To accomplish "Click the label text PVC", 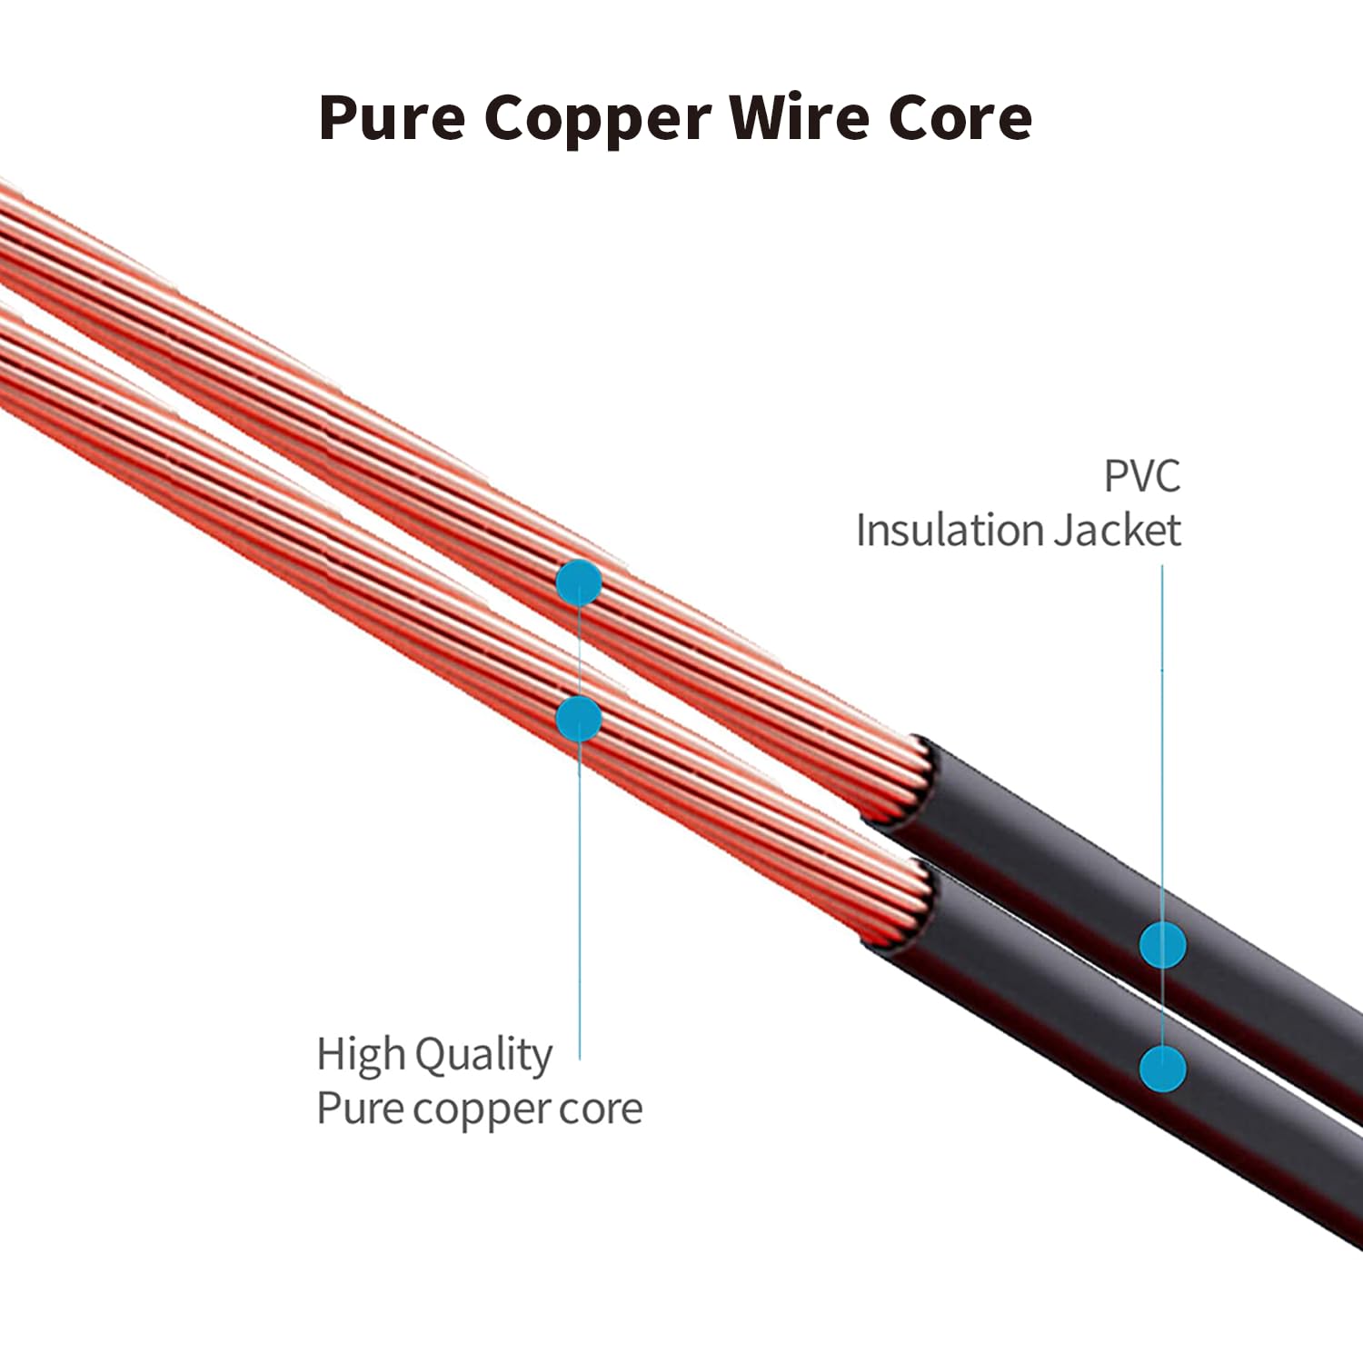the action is (1142, 476).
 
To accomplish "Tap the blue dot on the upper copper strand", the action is (579, 582).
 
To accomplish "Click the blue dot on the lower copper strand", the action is (579, 719).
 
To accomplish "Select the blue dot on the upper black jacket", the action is (1163, 945).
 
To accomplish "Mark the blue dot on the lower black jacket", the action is (1163, 1068).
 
